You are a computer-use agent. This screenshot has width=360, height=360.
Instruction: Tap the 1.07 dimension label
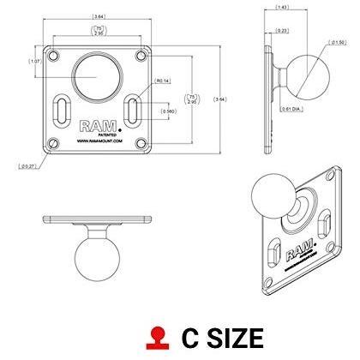click(35, 61)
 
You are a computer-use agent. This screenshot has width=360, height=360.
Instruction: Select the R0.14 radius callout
click(164, 82)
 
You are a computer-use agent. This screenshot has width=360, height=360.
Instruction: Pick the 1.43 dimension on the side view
click(281, 8)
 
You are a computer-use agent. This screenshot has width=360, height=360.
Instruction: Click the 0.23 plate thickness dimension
click(282, 32)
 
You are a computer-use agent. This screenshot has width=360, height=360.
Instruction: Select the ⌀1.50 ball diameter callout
click(339, 42)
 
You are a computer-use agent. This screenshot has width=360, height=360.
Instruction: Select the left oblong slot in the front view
click(62, 111)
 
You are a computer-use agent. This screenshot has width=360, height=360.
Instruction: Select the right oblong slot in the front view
click(130, 111)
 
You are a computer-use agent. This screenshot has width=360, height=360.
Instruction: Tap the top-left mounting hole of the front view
click(53, 55)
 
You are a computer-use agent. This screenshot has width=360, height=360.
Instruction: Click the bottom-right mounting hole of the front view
click(139, 142)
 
